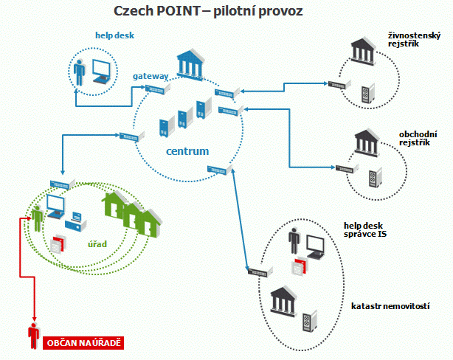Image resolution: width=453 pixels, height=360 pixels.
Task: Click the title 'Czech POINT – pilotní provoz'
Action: pyautogui.click(x=209, y=12)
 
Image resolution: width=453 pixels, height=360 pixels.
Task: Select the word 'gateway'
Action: pyautogui.click(x=151, y=76)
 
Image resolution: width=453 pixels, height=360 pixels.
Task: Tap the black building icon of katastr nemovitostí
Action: pyautogui.click(x=285, y=300)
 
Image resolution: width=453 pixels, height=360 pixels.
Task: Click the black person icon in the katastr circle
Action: pyautogui.click(x=294, y=243)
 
